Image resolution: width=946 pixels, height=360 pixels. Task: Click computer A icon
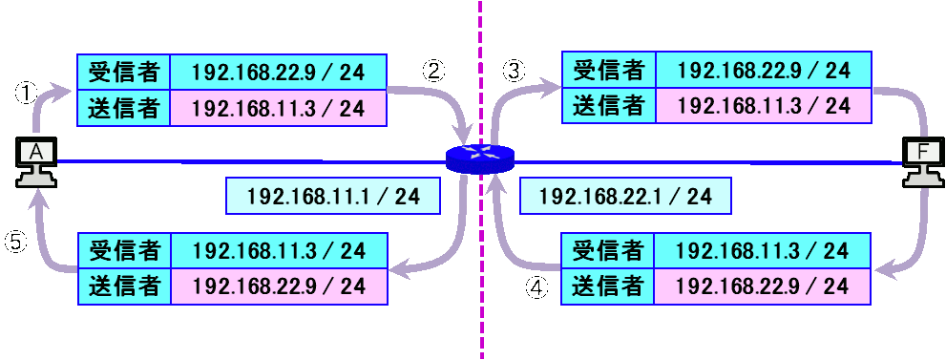point(37,163)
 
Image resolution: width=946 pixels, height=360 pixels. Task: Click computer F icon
point(921,163)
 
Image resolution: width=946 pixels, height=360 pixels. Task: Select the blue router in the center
point(479,159)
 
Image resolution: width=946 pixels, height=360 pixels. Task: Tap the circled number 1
point(26,93)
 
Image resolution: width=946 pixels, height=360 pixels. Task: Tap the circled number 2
point(435,71)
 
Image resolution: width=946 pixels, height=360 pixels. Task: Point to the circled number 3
point(514,71)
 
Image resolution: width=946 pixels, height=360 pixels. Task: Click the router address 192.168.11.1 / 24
point(333,197)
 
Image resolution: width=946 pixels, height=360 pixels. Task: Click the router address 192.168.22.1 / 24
point(625,197)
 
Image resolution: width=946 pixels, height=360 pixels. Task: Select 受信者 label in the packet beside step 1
point(123,72)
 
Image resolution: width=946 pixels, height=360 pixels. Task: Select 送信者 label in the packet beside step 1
point(123,107)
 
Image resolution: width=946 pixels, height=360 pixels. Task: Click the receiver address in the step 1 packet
point(279,72)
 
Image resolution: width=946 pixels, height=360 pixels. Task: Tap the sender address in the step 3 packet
point(764,105)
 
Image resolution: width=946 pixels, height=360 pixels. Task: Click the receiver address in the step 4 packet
point(764,251)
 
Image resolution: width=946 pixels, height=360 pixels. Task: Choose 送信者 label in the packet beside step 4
point(608,286)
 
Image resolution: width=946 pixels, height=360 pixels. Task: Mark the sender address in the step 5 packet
point(279,286)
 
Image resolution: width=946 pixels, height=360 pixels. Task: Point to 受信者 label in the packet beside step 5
point(123,251)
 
